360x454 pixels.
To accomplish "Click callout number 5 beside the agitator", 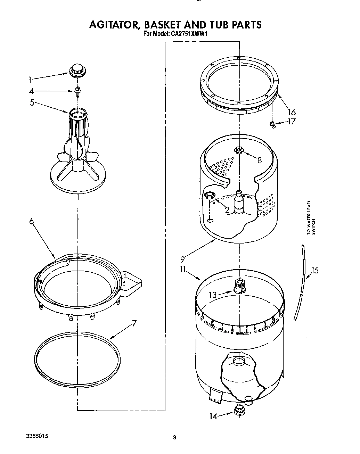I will point(32,103).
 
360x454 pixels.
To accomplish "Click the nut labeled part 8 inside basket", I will point(238,150).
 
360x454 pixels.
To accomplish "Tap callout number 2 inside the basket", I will point(227,210).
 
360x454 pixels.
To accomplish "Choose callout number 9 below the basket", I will point(182,259).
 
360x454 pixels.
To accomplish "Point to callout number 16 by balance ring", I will point(292,112).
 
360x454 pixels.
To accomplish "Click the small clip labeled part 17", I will point(273,124).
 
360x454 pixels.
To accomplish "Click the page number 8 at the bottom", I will point(175,438).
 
